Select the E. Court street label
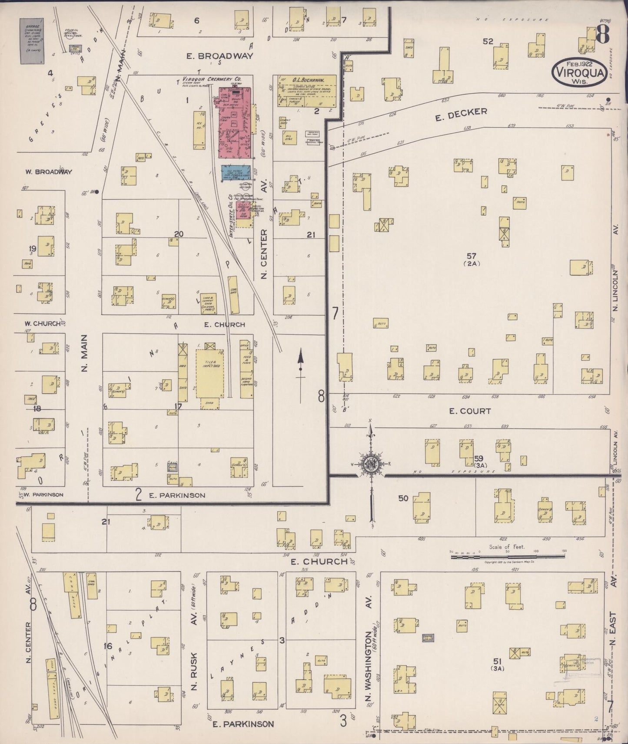[470, 411]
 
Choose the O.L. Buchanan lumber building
[307, 90]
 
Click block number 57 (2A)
[471, 259]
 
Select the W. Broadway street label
[48, 171]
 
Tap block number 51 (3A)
[498, 664]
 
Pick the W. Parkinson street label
[43, 494]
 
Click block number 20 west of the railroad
[179, 234]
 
